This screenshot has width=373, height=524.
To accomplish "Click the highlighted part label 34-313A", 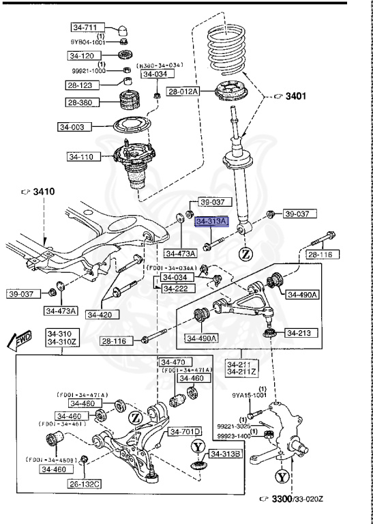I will (211, 222).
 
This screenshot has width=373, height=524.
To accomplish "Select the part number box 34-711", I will (85, 28).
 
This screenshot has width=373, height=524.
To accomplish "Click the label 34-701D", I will (185, 432).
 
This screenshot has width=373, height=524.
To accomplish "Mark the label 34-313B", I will (225, 454).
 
